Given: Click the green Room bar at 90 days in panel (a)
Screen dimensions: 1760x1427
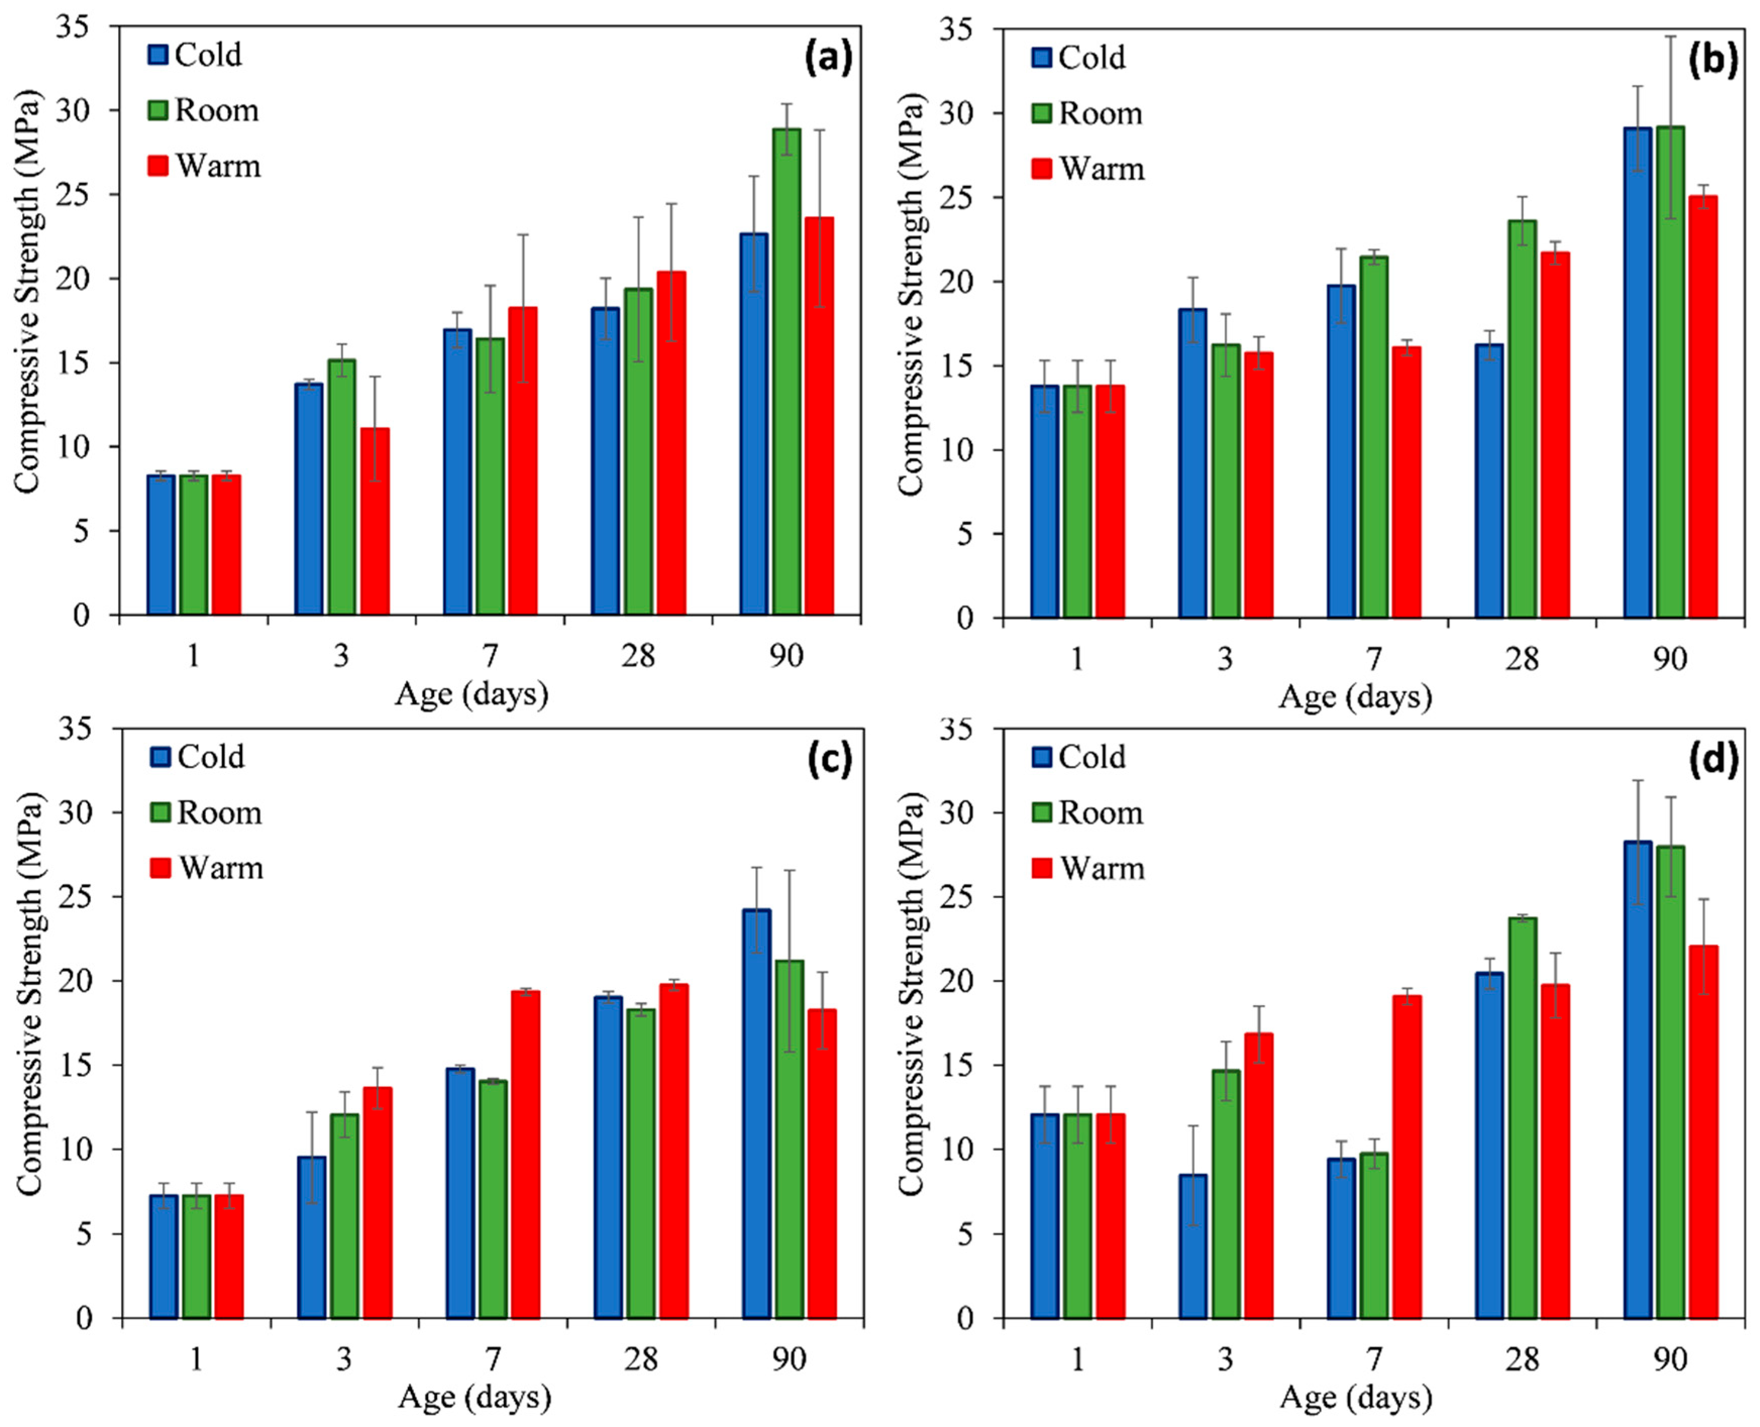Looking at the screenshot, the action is tap(787, 371).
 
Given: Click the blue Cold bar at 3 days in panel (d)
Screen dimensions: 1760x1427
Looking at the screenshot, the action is tap(1193, 1247).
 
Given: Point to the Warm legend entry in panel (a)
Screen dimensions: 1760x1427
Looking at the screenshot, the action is tap(204, 166).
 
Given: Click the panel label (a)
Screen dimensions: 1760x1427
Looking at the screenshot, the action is tap(828, 59).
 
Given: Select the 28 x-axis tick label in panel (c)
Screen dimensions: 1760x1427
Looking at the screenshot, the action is tap(641, 1359).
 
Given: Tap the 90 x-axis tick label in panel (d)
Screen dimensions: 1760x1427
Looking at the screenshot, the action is tap(1670, 1359).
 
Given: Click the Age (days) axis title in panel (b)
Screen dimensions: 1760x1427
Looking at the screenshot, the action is tap(1355, 697).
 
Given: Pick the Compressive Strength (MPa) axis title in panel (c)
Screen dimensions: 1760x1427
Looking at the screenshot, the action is tap(29, 995).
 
